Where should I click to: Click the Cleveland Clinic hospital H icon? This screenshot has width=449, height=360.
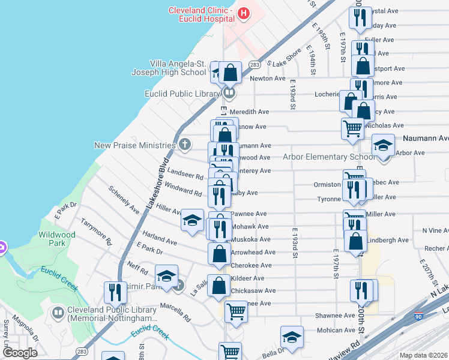coord(244,13)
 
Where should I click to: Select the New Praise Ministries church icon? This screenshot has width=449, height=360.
coord(185,145)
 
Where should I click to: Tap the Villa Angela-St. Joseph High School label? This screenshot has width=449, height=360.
coord(169,68)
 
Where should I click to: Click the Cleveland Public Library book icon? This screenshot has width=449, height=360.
coord(58,313)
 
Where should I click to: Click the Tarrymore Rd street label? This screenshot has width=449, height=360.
coord(97,232)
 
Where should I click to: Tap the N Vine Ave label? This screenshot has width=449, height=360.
coord(435,230)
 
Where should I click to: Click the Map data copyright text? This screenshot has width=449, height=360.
coord(423,355)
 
